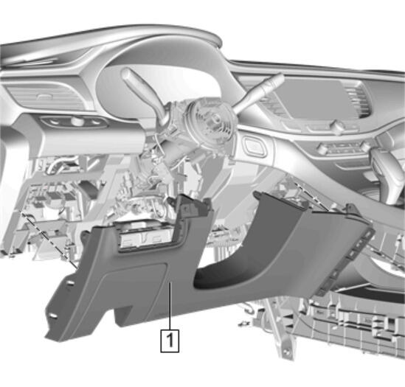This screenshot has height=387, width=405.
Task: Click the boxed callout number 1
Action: click(170, 341)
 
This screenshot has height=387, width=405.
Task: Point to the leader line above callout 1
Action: click(170, 306)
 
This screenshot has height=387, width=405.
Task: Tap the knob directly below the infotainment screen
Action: click(338, 126)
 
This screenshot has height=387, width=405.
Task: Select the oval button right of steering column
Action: click(255, 147)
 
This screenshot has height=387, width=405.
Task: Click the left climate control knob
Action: click(323, 149)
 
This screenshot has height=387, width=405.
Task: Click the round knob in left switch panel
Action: click(77, 121)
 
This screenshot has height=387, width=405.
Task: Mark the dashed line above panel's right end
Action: click(312, 196)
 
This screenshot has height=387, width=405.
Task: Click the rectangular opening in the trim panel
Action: click(147, 235)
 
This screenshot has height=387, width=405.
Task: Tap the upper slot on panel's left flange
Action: click(70, 284)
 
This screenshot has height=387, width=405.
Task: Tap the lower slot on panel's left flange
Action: click(52, 315)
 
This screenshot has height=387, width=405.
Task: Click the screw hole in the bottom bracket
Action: click(285, 352)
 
